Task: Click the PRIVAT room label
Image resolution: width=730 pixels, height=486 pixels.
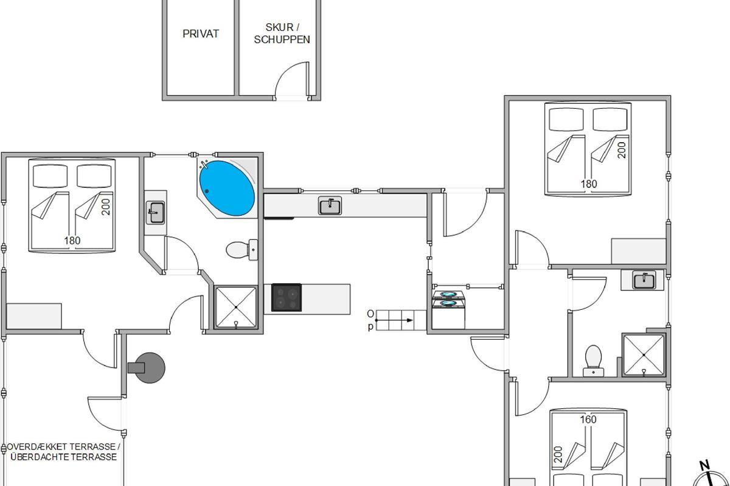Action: click(x=200, y=33)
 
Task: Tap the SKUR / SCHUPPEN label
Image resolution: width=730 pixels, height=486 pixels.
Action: click(x=282, y=33)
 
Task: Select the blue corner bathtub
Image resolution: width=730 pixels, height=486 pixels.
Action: click(x=227, y=188)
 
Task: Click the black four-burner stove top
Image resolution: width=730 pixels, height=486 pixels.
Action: click(x=287, y=298)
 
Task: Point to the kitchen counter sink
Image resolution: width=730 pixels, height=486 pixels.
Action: click(x=330, y=205)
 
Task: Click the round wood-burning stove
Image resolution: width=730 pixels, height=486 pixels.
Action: click(x=147, y=368)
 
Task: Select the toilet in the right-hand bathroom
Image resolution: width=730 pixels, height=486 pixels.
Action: click(x=593, y=361)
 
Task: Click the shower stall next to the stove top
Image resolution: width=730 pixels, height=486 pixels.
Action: click(x=236, y=307)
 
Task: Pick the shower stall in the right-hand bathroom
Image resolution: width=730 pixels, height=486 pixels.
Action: click(x=644, y=355)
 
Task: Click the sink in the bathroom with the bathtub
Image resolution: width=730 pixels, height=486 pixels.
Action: click(x=156, y=212)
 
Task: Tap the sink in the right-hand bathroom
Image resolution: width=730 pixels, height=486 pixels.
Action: click(x=644, y=279)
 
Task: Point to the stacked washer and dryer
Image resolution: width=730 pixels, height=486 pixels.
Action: click(x=448, y=310)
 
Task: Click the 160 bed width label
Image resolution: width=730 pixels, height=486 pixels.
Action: click(x=588, y=419)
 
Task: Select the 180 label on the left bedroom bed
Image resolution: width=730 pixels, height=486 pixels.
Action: click(x=72, y=241)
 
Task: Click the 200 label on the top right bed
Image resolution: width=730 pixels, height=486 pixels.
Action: click(x=622, y=150)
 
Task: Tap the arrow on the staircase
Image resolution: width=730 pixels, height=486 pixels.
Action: click(x=394, y=320)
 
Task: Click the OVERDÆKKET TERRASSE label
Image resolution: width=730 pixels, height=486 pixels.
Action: click(x=63, y=447)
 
